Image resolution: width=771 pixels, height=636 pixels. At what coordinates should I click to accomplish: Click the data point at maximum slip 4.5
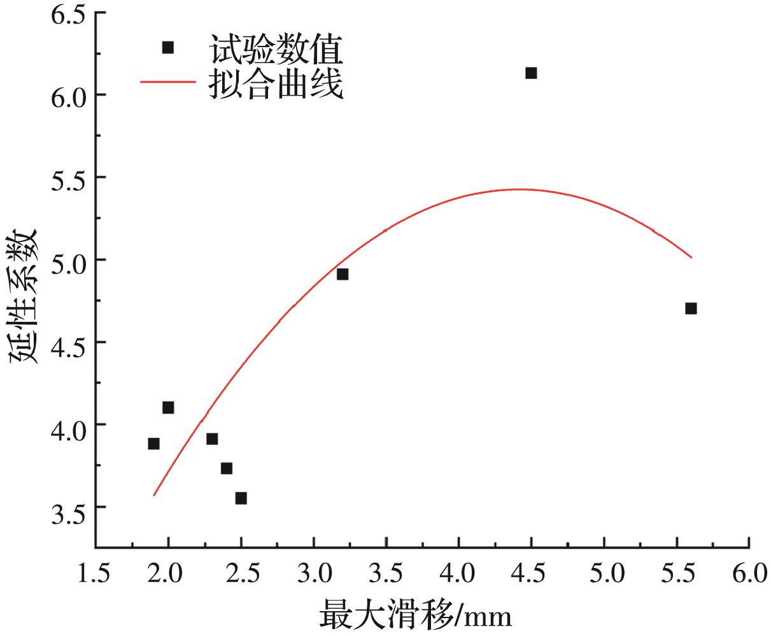coord(531,73)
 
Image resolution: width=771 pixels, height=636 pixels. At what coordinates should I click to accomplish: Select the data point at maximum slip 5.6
coord(691,308)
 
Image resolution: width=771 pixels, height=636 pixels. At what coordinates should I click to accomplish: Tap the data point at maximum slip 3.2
coord(343,274)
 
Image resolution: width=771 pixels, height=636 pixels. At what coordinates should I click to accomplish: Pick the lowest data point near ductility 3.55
coord(241,498)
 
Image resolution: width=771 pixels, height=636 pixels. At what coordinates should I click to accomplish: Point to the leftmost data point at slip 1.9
coord(153,444)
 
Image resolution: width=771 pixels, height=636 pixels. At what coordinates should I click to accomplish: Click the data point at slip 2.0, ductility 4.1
coord(168,407)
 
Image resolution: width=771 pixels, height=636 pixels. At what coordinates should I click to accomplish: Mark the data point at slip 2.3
coord(212,438)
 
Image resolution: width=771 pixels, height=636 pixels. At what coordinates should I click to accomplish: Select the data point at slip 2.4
coord(227,468)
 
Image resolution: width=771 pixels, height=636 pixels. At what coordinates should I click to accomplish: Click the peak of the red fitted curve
coord(519,189)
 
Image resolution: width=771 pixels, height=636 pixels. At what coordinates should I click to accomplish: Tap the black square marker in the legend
coord(168,47)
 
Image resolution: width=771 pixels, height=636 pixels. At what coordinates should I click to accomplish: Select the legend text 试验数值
coord(275,48)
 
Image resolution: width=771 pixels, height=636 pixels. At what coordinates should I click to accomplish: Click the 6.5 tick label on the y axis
coord(68,14)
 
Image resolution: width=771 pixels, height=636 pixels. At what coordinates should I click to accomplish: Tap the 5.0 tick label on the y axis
coord(68,260)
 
